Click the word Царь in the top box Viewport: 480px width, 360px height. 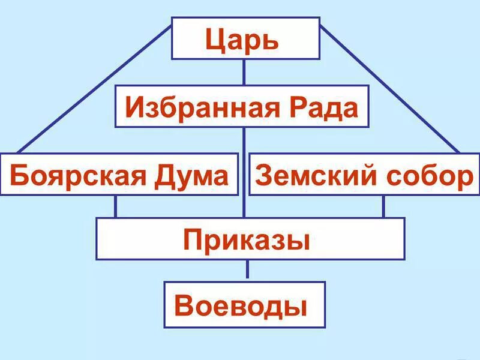pos(242,40)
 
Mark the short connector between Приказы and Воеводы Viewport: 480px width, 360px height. pos(247,271)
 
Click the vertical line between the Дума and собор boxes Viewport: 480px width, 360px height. pos(244,174)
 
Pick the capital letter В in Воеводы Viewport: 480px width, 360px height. pos(184,306)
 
